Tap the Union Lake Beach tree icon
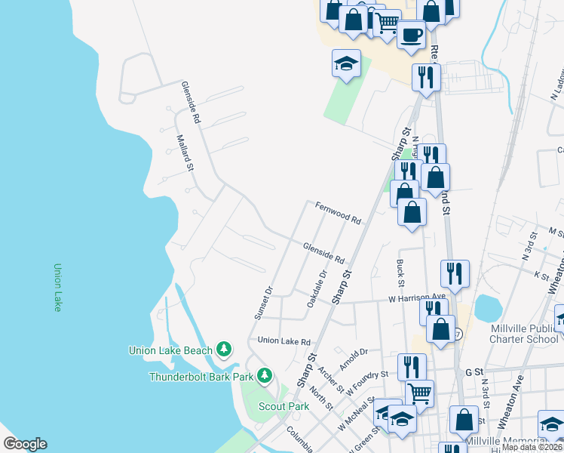pyautogui.click(x=224, y=349)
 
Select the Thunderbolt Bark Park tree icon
pyautogui.click(x=264, y=375)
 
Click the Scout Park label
pyautogui.click(x=284, y=406)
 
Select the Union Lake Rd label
pyautogui.click(x=284, y=341)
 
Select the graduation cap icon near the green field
pyautogui.click(x=346, y=63)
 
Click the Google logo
pyautogui.click(x=26, y=444)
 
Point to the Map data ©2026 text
pyautogui.click(x=532, y=447)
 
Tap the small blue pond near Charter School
pyautogui.click(x=488, y=308)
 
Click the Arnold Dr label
pyautogui.click(x=353, y=353)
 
